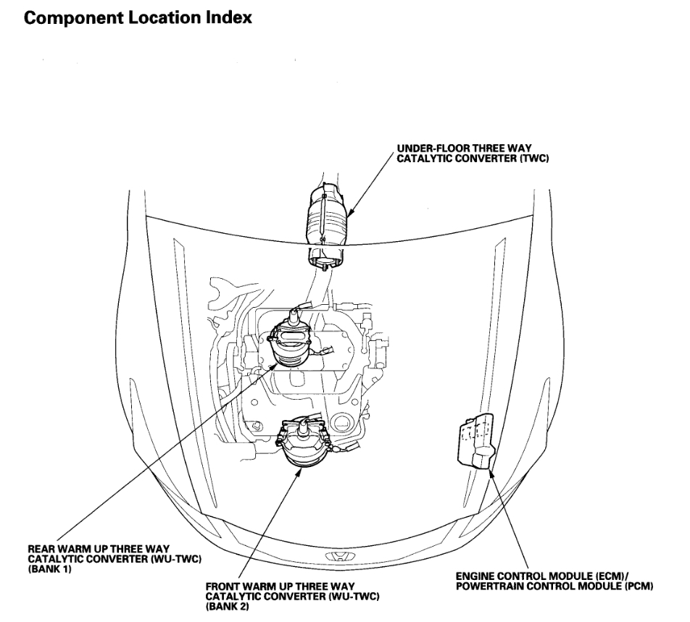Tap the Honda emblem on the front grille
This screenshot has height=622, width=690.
coord(336,558)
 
